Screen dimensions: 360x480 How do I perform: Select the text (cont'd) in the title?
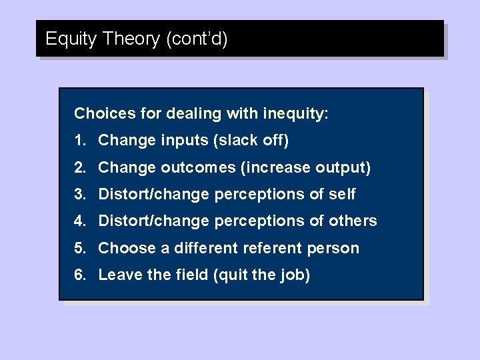click(197, 39)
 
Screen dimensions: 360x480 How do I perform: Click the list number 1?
click(80, 141)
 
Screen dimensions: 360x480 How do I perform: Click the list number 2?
click(80, 167)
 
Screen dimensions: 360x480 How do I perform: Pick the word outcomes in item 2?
click(194, 167)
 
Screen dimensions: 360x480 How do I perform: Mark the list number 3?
click(80, 194)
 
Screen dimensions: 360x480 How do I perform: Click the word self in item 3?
click(342, 194)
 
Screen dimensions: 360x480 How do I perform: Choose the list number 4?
click(80, 221)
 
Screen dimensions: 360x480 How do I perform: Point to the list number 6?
click(80, 275)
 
